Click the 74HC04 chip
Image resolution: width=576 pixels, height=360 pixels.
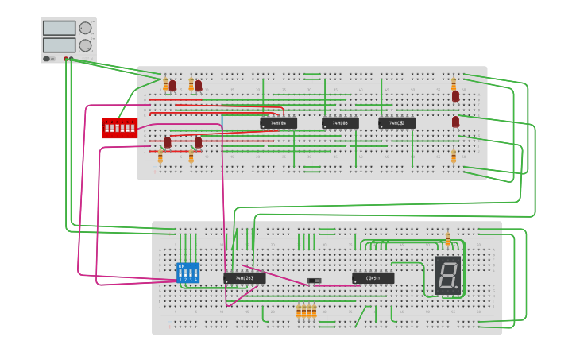tap(278, 123)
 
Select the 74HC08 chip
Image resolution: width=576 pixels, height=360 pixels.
tap(340, 123)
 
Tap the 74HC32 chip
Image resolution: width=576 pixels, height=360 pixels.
tap(396, 123)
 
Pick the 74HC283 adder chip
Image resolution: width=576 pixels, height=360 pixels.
tap(244, 278)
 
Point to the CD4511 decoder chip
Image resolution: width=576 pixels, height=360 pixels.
tap(373, 278)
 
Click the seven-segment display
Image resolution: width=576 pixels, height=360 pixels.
tap(447, 275)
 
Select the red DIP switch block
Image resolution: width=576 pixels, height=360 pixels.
tap(119, 127)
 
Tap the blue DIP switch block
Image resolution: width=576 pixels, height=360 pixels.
tap(187, 273)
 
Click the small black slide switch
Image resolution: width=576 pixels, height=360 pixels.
tap(314, 280)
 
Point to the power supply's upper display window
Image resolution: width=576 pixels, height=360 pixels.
tap(60, 29)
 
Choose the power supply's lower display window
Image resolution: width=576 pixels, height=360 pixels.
tap(60, 45)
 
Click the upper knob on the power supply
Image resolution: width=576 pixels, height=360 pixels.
tap(85, 28)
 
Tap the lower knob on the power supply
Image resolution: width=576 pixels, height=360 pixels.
tap(85, 45)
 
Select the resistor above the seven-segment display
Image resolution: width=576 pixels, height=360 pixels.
tap(448, 239)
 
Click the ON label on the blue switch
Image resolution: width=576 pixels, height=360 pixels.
tap(181, 266)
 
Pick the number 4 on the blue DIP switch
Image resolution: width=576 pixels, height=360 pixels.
tap(195, 280)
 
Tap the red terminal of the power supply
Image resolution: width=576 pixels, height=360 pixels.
tap(66, 59)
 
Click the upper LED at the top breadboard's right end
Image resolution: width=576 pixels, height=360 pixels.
tap(455, 96)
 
